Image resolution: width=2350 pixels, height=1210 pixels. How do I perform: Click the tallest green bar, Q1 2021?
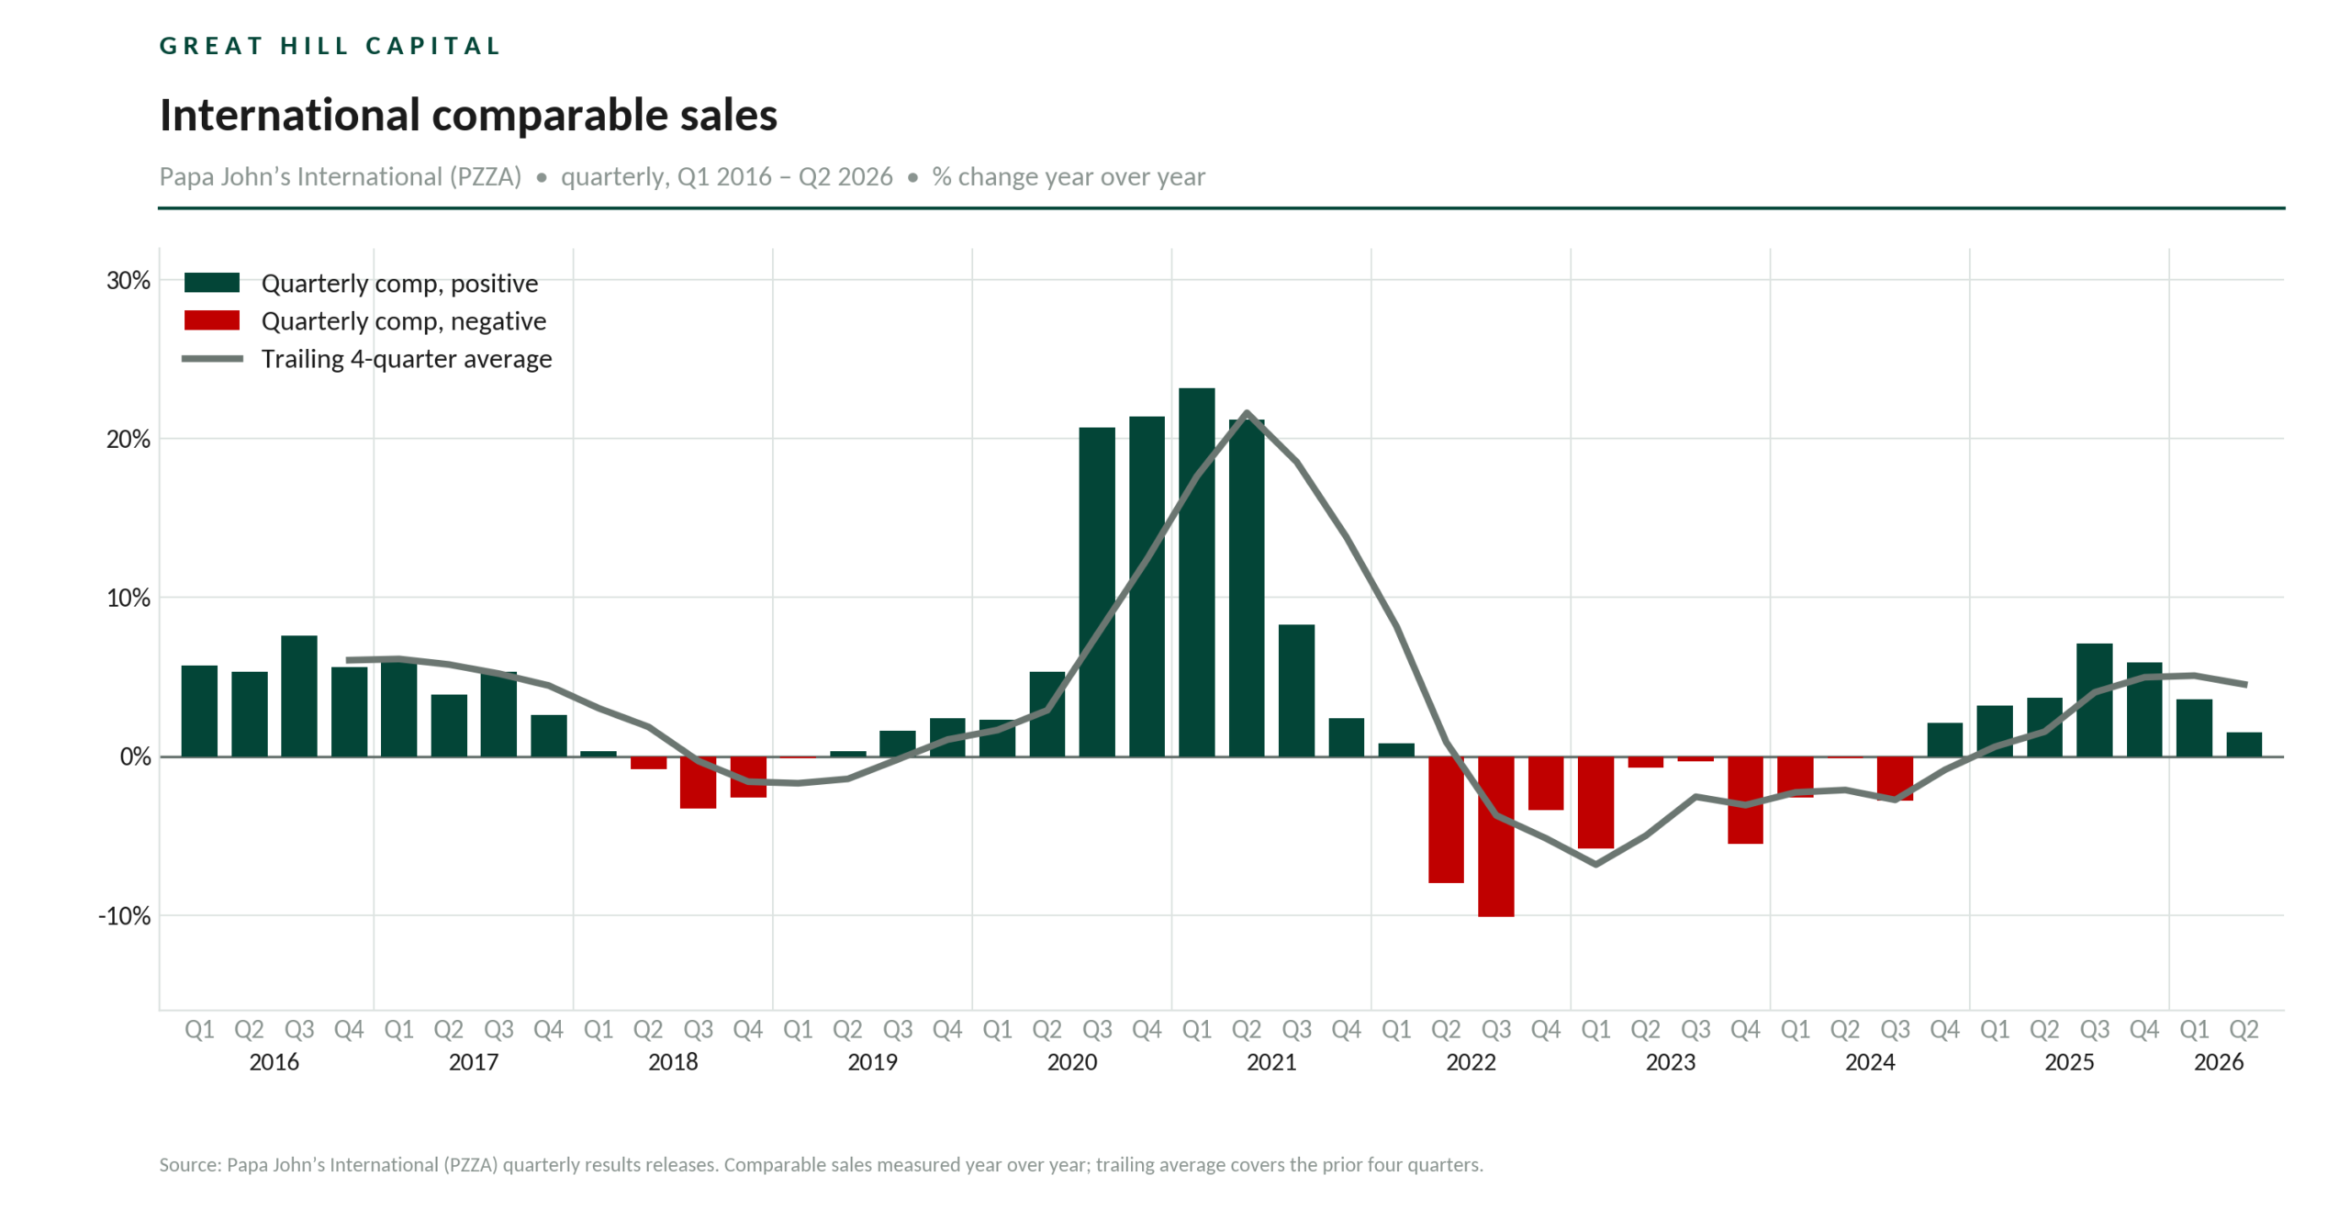point(1196,571)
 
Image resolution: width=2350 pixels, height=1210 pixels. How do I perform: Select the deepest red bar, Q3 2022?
point(1495,835)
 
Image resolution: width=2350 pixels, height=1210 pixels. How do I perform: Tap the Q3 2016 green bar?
point(299,695)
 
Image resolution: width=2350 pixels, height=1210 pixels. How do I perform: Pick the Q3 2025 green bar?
point(2094,700)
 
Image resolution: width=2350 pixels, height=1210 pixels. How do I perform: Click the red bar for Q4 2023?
point(1745,800)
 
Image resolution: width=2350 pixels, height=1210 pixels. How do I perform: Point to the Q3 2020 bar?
point(1097,591)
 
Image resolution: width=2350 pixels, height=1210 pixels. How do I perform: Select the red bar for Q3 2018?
point(698,782)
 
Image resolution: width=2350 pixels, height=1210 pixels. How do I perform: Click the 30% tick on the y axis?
point(129,280)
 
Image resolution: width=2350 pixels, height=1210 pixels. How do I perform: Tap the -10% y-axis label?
point(125,915)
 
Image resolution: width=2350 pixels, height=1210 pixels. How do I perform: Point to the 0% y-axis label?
point(136,756)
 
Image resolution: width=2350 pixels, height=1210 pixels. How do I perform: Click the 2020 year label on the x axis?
point(1072,1061)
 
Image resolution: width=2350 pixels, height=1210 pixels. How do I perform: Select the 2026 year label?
point(2219,1061)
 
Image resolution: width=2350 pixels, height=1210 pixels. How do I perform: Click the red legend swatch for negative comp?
point(212,319)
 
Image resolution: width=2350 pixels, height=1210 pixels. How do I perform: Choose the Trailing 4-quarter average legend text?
point(407,358)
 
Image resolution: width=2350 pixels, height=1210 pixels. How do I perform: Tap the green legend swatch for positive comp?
point(212,282)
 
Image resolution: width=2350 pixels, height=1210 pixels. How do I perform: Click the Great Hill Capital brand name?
point(330,46)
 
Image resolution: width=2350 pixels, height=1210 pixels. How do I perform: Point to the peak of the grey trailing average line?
point(1247,412)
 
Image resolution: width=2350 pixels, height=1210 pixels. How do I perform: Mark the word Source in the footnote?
point(190,1164)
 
